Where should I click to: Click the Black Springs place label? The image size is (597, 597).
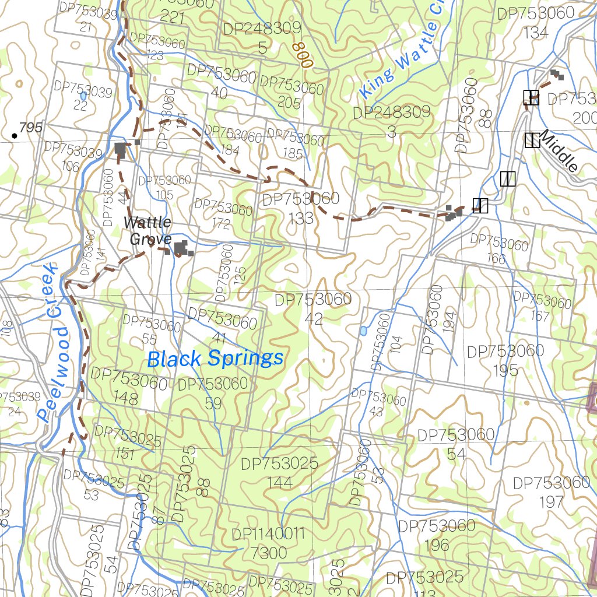click(215, 359)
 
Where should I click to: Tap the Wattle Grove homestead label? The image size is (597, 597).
click(148, 231)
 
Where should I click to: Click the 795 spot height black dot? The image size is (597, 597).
click(14, 136)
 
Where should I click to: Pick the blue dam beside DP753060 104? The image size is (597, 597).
click(363, 331)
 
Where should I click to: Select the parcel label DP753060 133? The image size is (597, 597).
click(301, 208)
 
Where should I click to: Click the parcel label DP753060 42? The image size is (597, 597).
click(314, 308)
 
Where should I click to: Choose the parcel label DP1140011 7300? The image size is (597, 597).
click(268, 543)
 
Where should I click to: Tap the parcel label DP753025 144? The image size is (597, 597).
click(280, 473)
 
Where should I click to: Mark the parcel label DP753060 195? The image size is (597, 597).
click(505, 360)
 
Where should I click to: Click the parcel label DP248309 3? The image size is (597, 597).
click(392, 122)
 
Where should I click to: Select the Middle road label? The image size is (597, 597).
click(559, 151)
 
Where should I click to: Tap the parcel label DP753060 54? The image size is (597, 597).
click(456, 444)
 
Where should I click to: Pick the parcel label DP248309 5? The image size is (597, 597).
click(262, 37)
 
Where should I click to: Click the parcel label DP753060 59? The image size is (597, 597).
click(213, 393)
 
